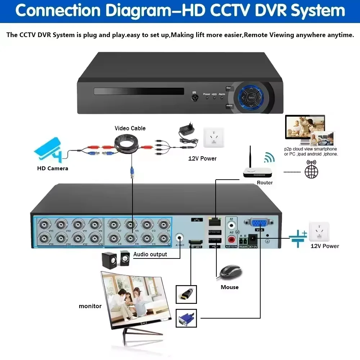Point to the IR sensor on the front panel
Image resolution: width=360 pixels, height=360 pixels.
point(194,97)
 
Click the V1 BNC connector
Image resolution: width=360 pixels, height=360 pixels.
point(163,224)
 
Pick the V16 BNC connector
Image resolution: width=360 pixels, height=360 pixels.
point(45,238)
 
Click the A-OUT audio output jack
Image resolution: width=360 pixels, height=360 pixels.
point(180,238)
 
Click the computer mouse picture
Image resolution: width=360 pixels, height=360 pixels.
point(230,272)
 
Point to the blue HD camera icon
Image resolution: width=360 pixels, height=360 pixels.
point(51,149)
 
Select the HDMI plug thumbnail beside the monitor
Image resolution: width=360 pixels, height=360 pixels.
point(186,294)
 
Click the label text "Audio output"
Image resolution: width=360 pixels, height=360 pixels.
point(150,255)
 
